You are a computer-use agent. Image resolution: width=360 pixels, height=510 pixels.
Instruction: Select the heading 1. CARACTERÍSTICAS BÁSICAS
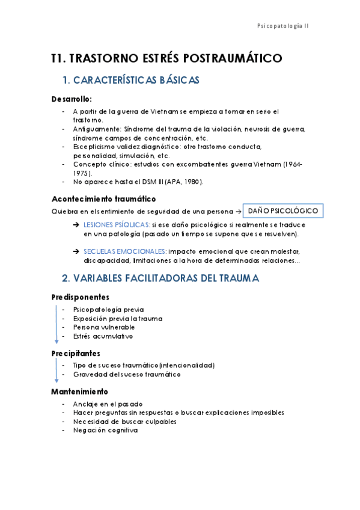(x=131, y=80)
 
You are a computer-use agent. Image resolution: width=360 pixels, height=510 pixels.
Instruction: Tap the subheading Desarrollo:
(x=72, y=99)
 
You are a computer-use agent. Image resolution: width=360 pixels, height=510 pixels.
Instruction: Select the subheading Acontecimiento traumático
(x=103, y=198)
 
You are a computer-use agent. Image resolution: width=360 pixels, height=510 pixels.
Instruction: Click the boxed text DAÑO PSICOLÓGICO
(x=282, y=210)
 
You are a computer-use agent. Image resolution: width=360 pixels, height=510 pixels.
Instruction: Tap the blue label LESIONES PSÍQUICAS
(x=117, y=224)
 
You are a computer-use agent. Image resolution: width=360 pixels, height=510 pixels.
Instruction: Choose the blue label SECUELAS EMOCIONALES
(x=125, y=251)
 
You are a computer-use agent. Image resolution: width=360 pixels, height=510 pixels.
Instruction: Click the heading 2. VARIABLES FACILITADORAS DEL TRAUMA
(x=160, y=278)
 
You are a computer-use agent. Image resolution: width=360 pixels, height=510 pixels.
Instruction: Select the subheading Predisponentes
(x=80, y=297)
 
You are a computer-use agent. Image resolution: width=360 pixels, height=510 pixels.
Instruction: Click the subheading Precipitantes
(x=76, y=353)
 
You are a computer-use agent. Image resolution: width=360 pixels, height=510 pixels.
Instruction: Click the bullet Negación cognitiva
(x=105, y=430)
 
